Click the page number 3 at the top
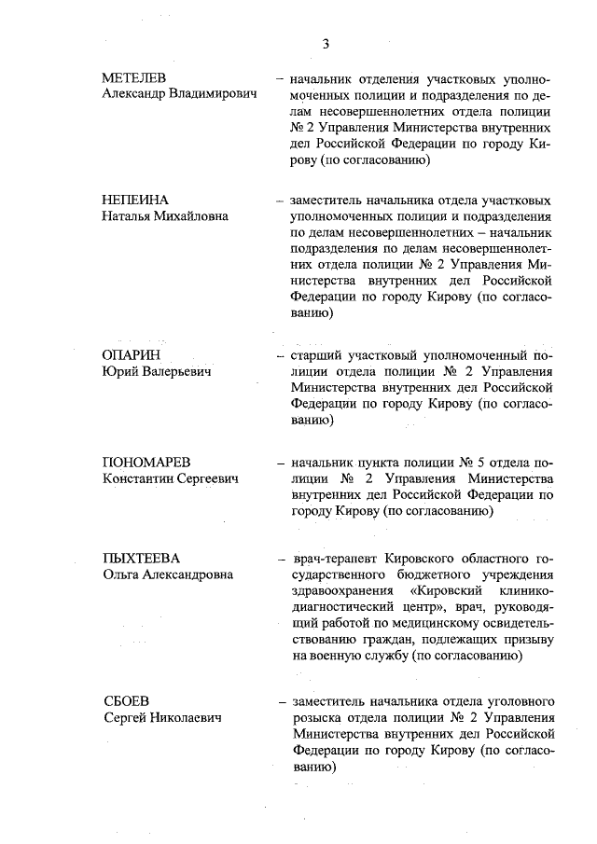coord(326,43)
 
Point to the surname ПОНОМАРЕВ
coord(146,463)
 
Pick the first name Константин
coord(141,479)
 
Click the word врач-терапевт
coord(333,559)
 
